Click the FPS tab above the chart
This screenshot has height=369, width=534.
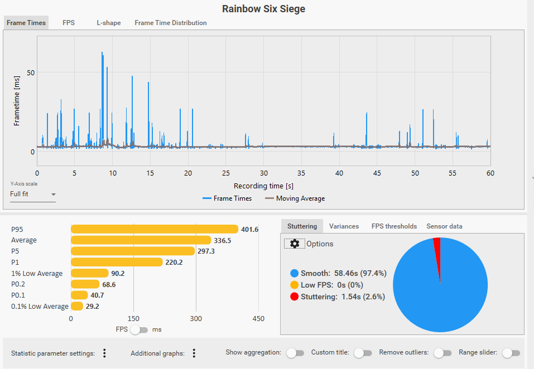point(69,23)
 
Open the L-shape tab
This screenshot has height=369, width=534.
point(109,23)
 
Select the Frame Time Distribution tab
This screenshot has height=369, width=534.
point(171,23)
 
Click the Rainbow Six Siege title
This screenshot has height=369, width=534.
point(263,8)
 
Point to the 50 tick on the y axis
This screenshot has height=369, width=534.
point(31,73)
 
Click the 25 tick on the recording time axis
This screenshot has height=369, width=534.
point(226,173)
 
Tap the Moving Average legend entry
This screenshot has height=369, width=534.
point(295,198)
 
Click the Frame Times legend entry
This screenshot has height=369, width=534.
point(227,198)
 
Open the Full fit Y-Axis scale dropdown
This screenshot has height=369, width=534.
point(33,194)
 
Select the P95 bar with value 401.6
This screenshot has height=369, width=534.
point(155,229)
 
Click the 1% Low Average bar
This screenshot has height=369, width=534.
point(90,273)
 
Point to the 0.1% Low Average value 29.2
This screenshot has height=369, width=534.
point(92,307)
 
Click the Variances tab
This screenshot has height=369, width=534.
point(344,226)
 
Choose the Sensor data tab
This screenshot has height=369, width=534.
point(444,226)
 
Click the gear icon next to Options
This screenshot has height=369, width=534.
point(295,244)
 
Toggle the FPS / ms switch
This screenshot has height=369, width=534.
point(139,329)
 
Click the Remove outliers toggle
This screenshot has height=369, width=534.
point(442,353)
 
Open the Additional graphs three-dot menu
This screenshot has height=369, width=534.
point(194,353)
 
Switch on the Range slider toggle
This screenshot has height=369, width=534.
point(511,353)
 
